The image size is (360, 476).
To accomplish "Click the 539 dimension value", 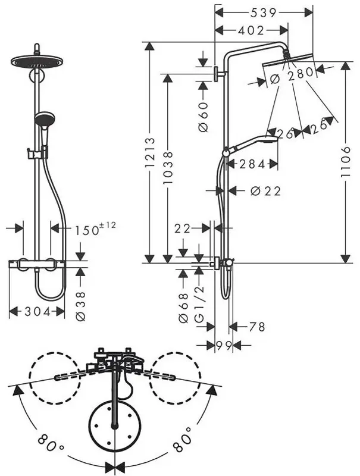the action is point(264,12).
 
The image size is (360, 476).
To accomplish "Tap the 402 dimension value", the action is point(251,30).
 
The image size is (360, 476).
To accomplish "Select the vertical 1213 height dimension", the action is point(149,153).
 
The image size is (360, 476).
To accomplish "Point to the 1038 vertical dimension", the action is point(168,168).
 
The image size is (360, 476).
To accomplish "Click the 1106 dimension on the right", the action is point(345,162).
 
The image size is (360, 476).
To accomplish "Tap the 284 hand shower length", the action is point(252,164).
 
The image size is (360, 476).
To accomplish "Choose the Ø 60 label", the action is point(204,117).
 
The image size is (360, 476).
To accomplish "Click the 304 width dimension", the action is point(37,311).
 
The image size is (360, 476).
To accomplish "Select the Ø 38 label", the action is point(81,306).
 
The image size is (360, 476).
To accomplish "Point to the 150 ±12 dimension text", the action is point(96,229).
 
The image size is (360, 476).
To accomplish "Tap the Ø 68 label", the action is point(184,308).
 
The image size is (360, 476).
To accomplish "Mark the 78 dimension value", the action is point(257,327).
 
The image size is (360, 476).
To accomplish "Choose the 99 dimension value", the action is point(224,345).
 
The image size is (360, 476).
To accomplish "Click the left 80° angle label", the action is point(51,443).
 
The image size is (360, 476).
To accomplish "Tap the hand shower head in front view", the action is point(45,118).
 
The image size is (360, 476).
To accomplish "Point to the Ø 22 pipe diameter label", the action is point(266,191).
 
